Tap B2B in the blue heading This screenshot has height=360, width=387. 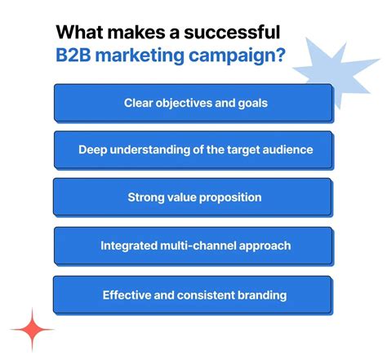pyautogui.click(x=81, y=58)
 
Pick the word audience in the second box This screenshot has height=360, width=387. pyautogui.click(x=283, y=150)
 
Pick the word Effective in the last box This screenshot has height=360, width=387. pyautogui.click(x=129, y=295)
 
